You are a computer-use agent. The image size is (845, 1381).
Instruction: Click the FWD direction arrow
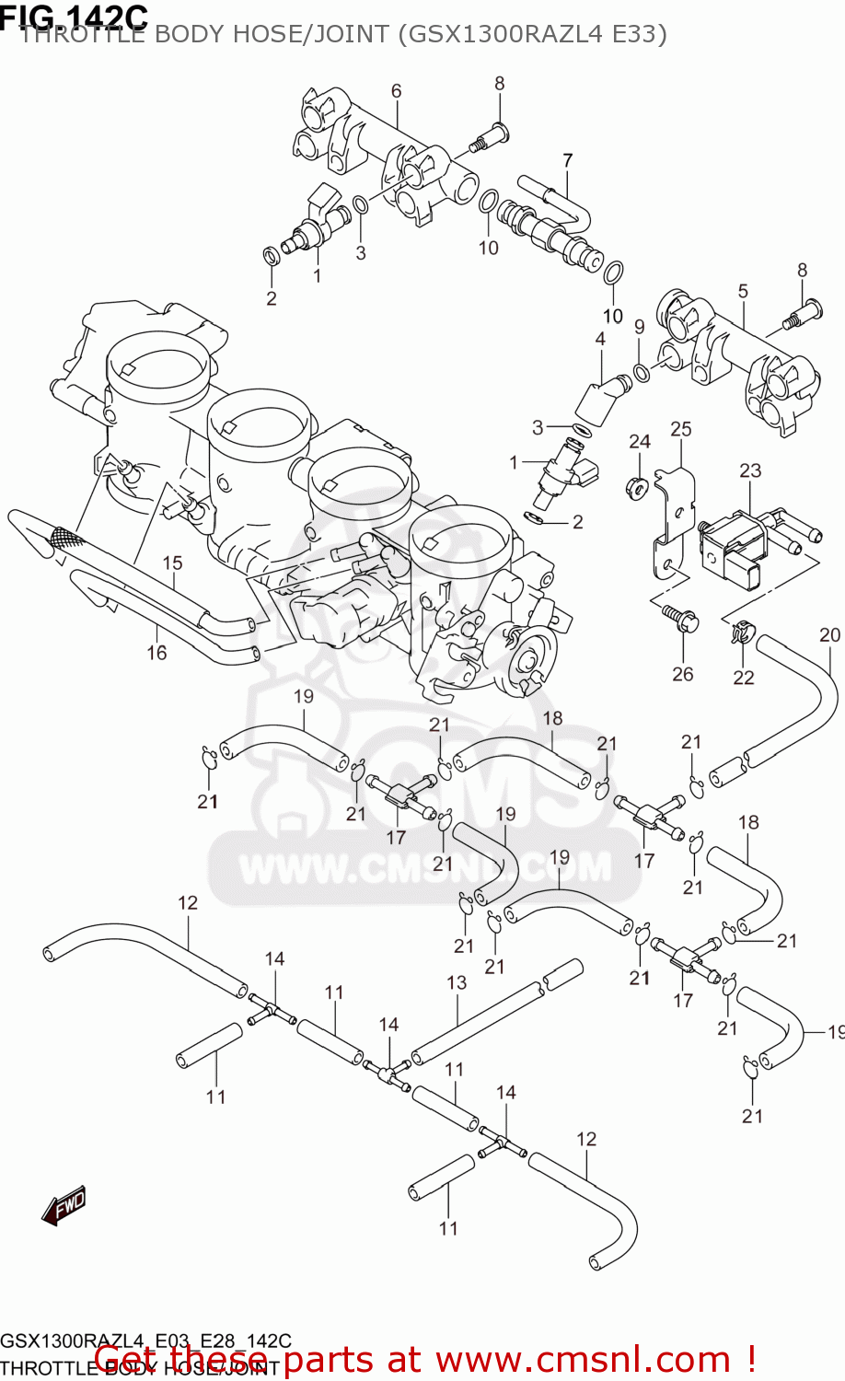[64, 1204]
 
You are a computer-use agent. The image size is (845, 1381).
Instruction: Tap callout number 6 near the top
[396, 90]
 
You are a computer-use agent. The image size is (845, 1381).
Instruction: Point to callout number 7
[567, 160]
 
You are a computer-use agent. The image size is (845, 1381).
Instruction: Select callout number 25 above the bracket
[680, 429]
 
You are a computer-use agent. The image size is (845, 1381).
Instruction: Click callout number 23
[750, 470]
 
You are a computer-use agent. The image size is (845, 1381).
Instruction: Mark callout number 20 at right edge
[829, 634]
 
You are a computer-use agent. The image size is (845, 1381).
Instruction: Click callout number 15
[173, 563]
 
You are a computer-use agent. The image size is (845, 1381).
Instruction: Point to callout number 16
[156, 653]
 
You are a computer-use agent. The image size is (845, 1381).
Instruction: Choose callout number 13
[457, 982]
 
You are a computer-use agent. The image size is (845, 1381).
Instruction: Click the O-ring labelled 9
[641, 373]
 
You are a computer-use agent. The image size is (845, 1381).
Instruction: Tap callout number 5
[743, 291]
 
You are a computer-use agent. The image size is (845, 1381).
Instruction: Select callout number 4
[600, 339]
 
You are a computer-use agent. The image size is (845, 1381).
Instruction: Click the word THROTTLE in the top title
[83, 35]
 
